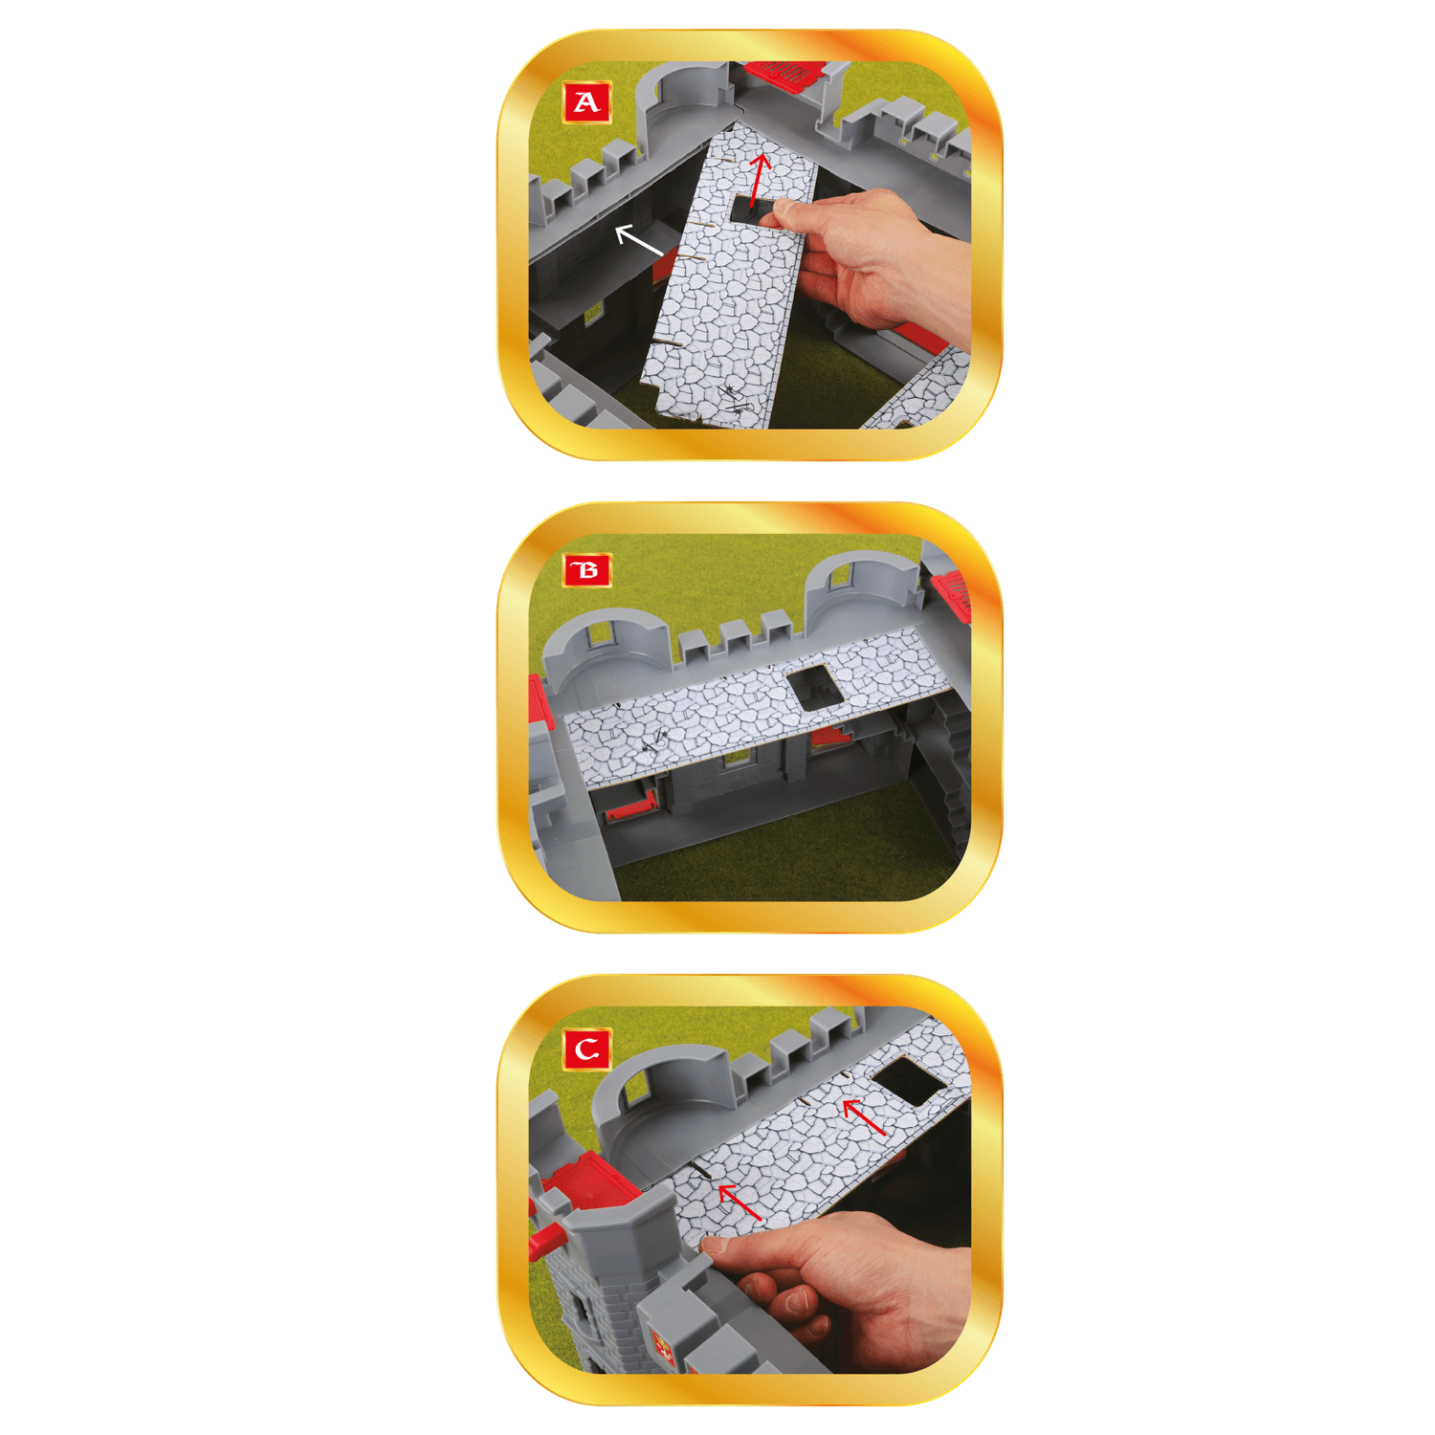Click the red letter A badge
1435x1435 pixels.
point(587,102)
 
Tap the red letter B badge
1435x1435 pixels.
point(587,571)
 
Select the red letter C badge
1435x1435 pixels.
point(587,1049)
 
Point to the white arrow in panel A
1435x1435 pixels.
point(638,240)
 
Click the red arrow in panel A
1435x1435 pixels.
point(759,179)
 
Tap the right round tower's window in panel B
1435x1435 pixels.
point(842,577)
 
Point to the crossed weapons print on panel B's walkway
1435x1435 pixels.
point(655,740)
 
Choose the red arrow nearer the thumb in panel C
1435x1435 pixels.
point(739,1202)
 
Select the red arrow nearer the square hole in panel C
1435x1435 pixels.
point(864,1117)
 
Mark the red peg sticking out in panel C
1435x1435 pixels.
point(546,1241)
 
